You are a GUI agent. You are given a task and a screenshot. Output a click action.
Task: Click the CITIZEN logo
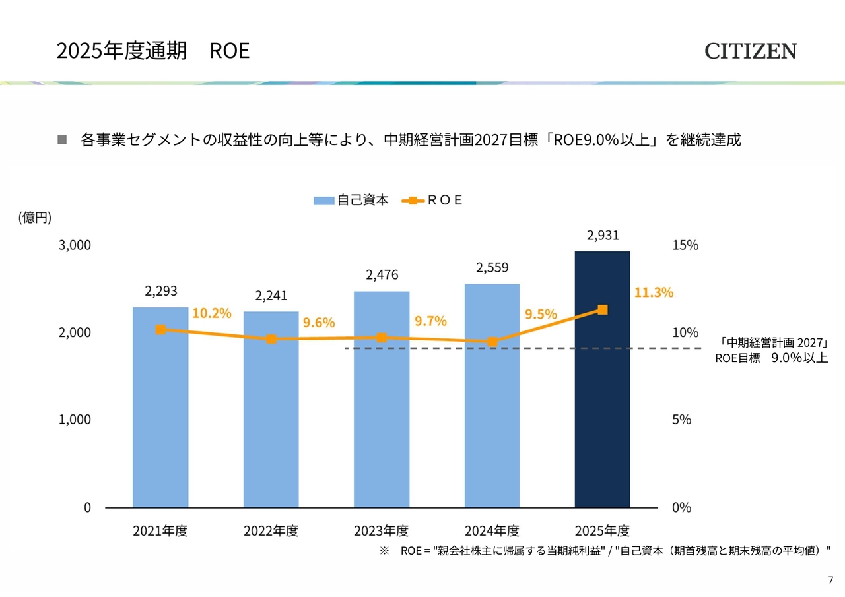tap(751, 51)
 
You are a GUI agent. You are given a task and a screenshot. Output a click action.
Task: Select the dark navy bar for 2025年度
tap(602, 379)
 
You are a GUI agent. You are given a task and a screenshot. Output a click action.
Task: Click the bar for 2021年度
tap(160, 408)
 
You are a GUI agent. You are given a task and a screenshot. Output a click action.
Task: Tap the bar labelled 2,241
tap(271, 409)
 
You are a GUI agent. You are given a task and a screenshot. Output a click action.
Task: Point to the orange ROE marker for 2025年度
tap(603, 310)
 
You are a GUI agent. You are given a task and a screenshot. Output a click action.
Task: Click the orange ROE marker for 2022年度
tap(271, 339)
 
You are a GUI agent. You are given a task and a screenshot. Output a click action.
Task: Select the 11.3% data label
tap(654, 292)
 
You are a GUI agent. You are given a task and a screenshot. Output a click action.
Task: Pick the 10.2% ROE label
tap(212, 313)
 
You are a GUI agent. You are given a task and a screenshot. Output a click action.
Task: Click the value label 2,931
tap(603, 236)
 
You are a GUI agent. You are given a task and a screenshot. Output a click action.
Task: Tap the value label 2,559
tap(492, 268)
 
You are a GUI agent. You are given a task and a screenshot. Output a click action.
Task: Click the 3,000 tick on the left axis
tap(75, 245)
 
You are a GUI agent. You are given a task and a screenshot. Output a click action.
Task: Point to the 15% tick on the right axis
tap(685, 245)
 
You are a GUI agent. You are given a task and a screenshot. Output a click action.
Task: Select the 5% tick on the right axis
tap(681, 420)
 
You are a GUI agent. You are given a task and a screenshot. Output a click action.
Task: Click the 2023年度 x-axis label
tap(381, 530)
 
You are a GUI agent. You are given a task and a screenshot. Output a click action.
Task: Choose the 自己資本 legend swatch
tap(323, 201)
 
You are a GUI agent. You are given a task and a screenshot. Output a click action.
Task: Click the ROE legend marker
tap(413, 201)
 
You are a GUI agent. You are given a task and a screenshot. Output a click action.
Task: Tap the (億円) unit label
tap(35, 218)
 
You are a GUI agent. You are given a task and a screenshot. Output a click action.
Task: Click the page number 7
tap(830, 580)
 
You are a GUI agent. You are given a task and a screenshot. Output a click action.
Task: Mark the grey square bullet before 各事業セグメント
tap(62, 140)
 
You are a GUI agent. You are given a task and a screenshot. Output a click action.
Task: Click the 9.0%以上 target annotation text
tap(799, 358)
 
